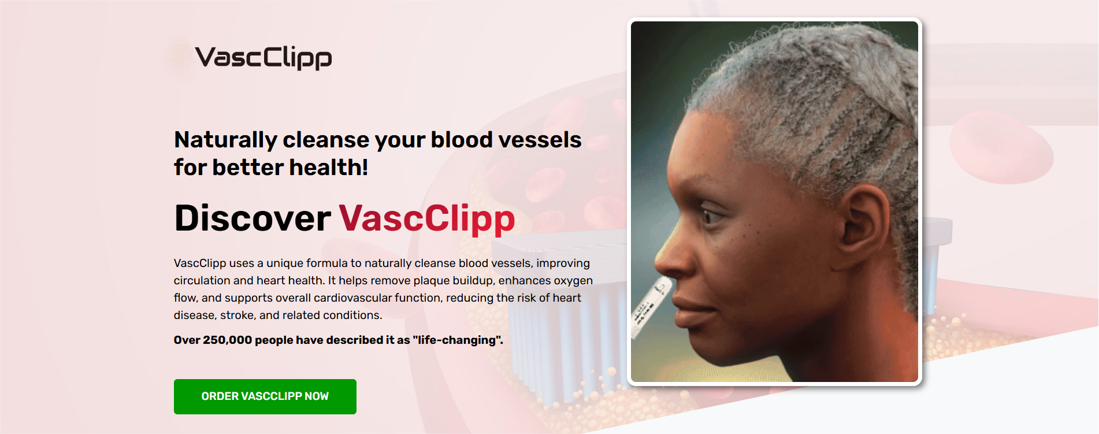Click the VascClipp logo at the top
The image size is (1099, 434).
click(263, 58)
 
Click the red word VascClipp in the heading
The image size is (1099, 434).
click(426, 219)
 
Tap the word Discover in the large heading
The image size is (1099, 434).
click(253, 218)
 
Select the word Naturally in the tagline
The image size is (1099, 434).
click(226, 140)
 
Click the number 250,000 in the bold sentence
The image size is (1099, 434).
click(227, 340)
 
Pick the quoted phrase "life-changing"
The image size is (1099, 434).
click(458, 340)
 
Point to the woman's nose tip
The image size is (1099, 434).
click(659, 263)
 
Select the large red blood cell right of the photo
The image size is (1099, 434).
click(1000, 147)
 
